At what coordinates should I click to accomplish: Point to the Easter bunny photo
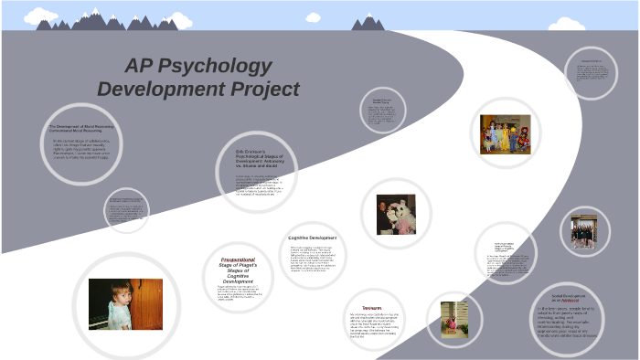tap(396, 214)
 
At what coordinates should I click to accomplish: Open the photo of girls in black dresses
tap(584, 232)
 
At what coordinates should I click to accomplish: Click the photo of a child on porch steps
tap(454, 318)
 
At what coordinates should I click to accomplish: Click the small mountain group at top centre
tap(368, 22)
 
